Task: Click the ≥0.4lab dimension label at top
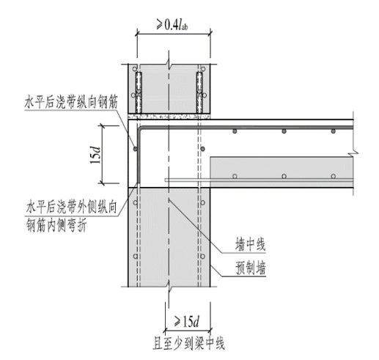click(x=172, y=24)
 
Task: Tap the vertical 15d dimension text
click(x=95, y=155)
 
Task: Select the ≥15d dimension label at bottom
click(x=187, y=321)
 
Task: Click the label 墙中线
click(x=250, y=244)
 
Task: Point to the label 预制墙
click(x=251, y=268)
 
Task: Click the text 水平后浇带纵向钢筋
click(x=71, y=102)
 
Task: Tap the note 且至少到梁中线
click(x=188, y=343)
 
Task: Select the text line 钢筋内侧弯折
click(x=56, y=226)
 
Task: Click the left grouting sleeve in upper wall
click(x=139, y=92)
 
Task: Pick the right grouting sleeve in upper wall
click(x=199, y=92)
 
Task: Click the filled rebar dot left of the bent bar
click(x=135, y=149)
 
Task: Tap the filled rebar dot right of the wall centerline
click(x=202, y=149)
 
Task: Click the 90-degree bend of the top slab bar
click(x=140, y=128)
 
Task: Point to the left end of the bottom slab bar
click(x=166, y=180)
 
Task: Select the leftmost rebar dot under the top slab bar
click(x=235, y=131)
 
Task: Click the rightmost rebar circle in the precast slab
click(x=333, y=176)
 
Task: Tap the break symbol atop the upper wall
click(x=169, y=65)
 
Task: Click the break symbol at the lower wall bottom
click(x=169, y=287)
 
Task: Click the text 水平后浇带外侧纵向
click(x=71, y=208)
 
